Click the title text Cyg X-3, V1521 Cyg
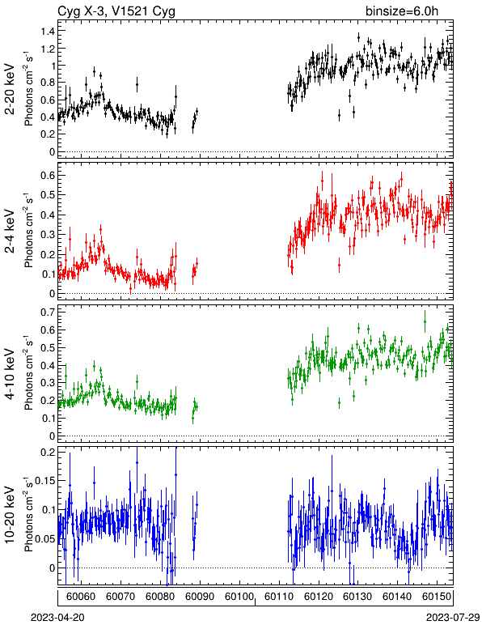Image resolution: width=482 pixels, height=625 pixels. pyautogui.click(x=116, y=11)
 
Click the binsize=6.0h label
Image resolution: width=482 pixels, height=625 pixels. pyautogui.click(x=402, y=11)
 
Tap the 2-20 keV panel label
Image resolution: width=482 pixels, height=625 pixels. pyautogui.click(x=10, y=90)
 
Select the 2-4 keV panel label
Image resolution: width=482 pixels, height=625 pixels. pyautogui.click(x=10, y=232)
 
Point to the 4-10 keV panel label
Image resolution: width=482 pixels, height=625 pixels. pyautogui.click(x=10, y=374)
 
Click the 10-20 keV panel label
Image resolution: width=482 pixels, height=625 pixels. pyautogui.click(x=10, y=515)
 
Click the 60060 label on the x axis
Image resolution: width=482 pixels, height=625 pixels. pyautogui.click(x=81, y=597)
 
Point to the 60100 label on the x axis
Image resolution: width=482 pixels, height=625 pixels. pyautogui.click(x=239, y=597)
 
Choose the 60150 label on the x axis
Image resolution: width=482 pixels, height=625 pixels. pyautogui.click(x=437, y=597)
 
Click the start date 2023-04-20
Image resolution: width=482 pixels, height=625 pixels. pyautogui.click(x=57, y=618)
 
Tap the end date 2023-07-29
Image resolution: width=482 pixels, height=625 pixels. pyautogui.click(x=453, y=618)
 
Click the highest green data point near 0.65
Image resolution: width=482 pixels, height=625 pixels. pyautogui.click(x=425, y=321)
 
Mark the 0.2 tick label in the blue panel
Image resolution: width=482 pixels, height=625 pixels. pyautogui.click(x=48, y=452)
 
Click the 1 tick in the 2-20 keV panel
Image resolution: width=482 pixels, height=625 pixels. pyautogui.click(x=52, y=66)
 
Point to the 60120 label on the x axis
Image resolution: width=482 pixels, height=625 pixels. pyautogui.click(x=318, y=597)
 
